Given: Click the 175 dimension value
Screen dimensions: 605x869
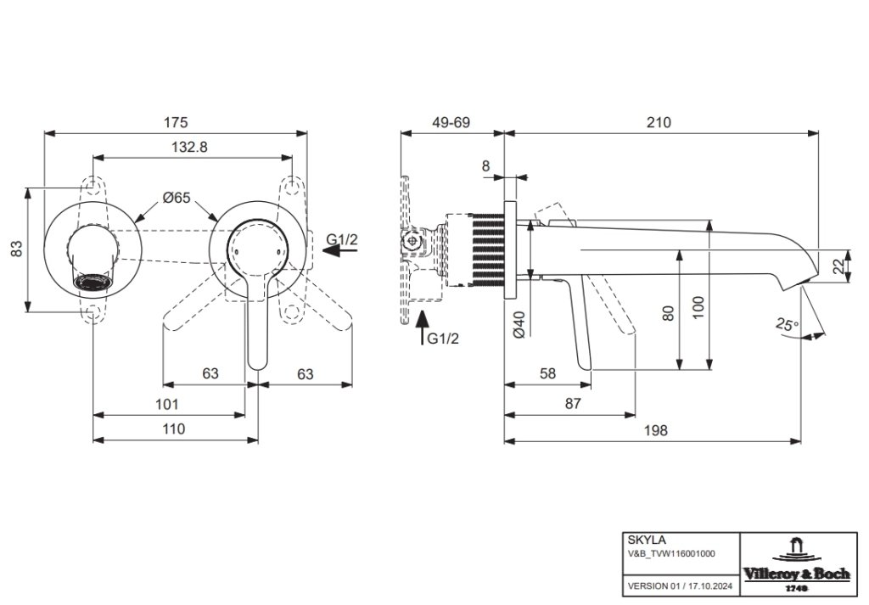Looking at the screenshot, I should click(x=176, y=123).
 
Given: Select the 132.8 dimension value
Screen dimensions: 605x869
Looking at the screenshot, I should click(x=189, y=147).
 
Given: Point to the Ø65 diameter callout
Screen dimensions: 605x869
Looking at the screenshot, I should click(x=176, y=198).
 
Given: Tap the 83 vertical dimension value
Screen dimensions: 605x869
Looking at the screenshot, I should click(x=16, y=249).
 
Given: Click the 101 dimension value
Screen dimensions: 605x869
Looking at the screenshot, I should click(x=166, y=404).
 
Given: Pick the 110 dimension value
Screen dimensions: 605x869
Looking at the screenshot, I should click(x=173, y=429).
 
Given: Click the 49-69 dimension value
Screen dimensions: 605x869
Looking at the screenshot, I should click(x=451, y=123).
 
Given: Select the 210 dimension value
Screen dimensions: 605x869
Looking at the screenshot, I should click(x=659, y=123).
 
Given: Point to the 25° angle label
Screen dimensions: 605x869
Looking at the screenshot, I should click(x=787, y=324).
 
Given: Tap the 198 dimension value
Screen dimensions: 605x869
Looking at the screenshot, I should click(x=655, y=430).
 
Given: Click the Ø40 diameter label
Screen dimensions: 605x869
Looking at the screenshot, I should click(x=520, y=325).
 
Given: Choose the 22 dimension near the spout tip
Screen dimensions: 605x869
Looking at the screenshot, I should click(x=838, y=266).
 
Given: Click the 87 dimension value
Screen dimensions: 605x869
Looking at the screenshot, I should click(x=573, y=404).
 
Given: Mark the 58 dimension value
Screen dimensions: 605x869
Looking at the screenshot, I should click(x=547, y=373).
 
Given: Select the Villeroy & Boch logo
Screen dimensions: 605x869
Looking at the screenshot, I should click(x=796, y=564).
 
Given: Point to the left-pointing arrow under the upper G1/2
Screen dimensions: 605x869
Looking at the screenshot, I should click(x=341, y=252).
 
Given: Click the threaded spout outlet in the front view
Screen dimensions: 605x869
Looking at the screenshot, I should click(x=93, y=282).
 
